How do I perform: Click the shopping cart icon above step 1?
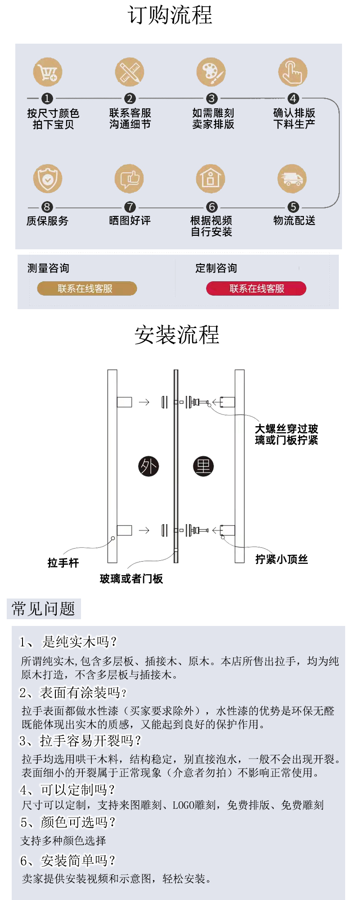pos(48,72)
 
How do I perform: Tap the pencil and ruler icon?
pos(129,72)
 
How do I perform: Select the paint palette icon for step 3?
pos(211,72)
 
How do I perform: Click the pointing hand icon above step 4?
pos(292,72)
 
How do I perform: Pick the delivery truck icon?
pos(292,179)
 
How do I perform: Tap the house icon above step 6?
pos(211,179)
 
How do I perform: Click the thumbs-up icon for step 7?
pos(129,179)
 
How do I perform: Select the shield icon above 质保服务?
pos(48,179)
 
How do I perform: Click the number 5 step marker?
pos(293,207)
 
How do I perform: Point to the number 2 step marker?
pos(130,99)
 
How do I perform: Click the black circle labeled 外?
pos(148,466)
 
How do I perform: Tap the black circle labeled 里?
pos(203,466)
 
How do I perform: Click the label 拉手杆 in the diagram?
pos(63,563)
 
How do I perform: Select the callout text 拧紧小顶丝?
pos(282,559)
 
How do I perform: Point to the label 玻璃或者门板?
pos(131,579)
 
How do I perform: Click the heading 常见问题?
pos(44,609)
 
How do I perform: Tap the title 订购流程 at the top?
pos(170,15)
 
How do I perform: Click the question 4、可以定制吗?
pos(67,790)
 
